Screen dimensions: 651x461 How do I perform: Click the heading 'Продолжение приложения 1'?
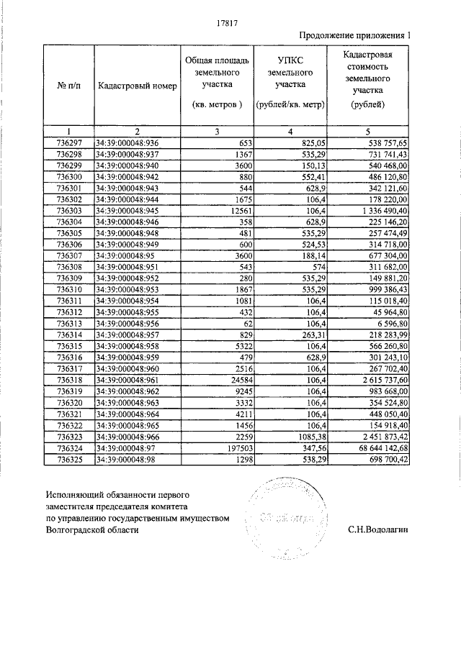(357, 35)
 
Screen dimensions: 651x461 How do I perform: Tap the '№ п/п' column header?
(69, 86)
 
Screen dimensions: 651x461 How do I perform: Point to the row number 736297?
(69, 143)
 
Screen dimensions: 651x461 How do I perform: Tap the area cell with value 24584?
(236, 379)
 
